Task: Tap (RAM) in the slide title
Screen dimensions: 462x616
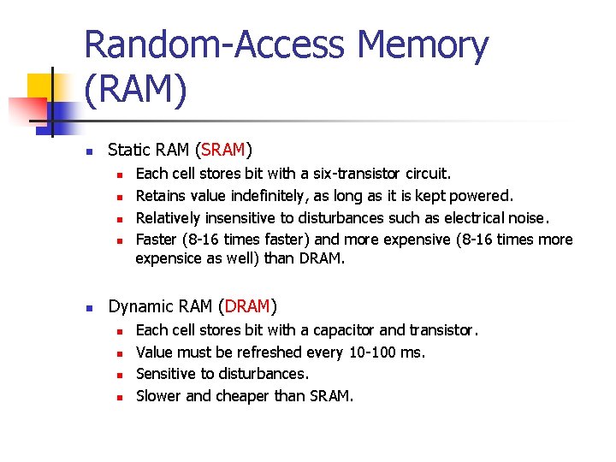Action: [136, 88]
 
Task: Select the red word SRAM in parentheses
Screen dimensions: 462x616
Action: [222, 151]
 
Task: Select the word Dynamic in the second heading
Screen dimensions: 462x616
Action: [140, 306]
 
